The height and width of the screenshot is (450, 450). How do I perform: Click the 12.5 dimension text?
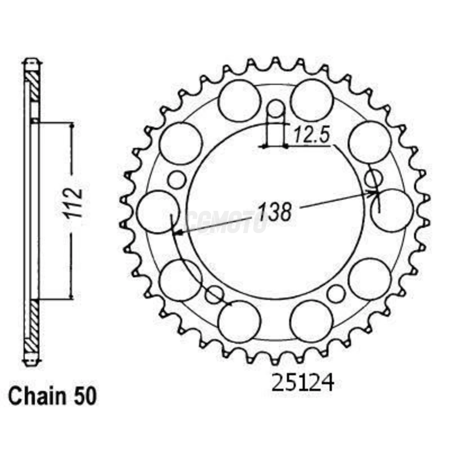click(x=311, y=135)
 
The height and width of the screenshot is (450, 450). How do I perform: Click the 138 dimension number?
click(x=275, y=212)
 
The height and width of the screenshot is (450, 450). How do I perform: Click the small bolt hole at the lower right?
click(x=337, y=293)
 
